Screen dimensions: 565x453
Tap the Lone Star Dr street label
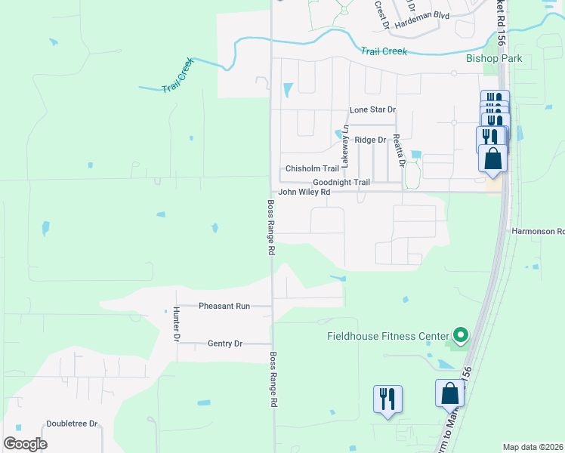click(372, 110)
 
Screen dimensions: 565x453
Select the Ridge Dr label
click(370, 140)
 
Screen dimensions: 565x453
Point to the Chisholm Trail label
click(312, 169)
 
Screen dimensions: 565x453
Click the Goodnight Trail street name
click(341, 183)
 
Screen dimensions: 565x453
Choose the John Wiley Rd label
click(304, 193)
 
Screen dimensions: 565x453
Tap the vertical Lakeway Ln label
click(344, 146)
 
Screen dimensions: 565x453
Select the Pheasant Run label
click(224, 306)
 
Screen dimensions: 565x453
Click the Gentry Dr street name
click(224, 344)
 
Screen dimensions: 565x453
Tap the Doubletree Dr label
click(73, 424)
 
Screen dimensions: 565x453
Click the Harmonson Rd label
click(538, 231)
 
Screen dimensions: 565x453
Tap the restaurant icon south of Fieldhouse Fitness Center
click(387, 398)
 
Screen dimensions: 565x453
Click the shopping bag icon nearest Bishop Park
click(492, 159)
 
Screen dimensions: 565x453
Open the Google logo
click(25, 443)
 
